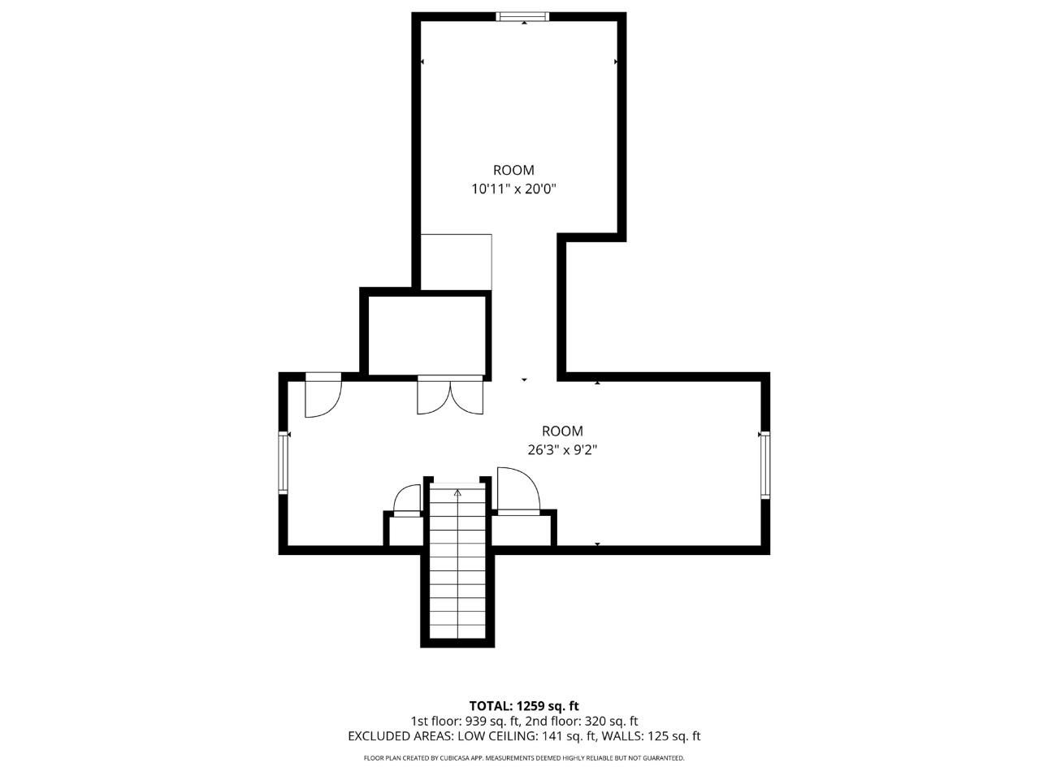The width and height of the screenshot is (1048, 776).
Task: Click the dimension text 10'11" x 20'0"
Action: click(513, 189)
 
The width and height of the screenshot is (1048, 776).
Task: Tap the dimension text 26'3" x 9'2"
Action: click(562, 449)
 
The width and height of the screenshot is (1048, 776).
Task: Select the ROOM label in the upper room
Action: click(513, 170)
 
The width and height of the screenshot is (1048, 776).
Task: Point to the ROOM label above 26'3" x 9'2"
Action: click(562, 431)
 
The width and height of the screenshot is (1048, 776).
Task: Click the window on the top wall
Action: click(522, 15)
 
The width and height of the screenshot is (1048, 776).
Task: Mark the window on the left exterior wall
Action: click(284, 462)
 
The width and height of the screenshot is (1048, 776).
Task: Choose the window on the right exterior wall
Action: click(764, 464)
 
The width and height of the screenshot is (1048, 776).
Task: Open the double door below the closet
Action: click(450, 396)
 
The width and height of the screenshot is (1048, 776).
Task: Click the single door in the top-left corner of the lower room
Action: click(323, 396)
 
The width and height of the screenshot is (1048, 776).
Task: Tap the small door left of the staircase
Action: click(407, 501)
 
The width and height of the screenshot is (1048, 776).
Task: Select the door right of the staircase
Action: click(518, 492)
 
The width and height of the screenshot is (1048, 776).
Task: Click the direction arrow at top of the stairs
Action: click(457, 492)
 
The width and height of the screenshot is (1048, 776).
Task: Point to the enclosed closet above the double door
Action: click(427, 335)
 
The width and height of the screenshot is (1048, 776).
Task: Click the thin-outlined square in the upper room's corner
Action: click(456, 262)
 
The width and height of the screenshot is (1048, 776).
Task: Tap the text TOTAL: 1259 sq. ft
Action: click(524, 706)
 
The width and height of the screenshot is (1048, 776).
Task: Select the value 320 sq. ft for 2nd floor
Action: click(608, 721)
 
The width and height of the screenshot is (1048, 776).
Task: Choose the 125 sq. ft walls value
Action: click(673, 736)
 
